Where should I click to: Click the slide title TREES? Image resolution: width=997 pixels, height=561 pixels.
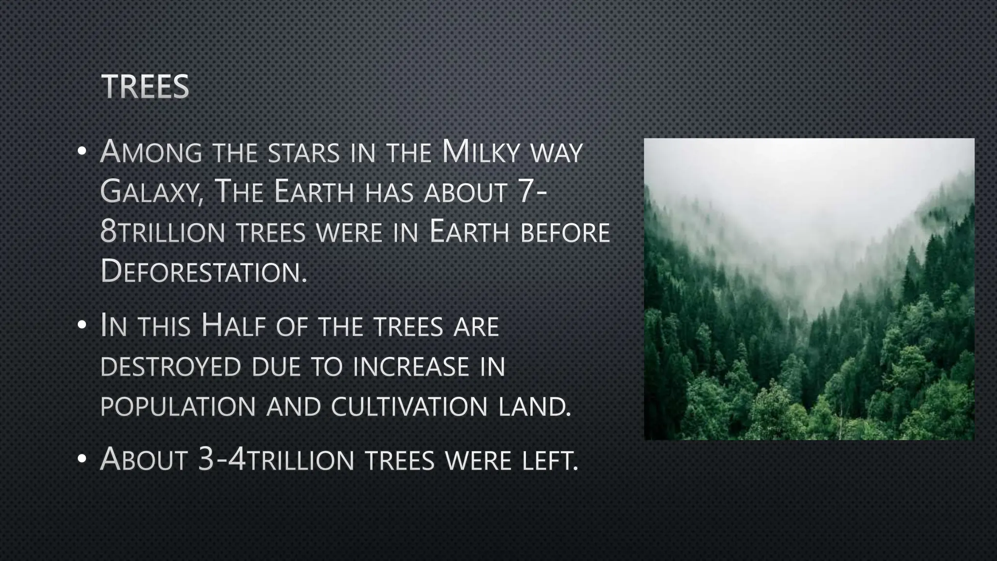pyautogui.click(x=145, y=87)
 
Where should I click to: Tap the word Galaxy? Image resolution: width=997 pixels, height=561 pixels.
pyautogui.click(x=151, y=192)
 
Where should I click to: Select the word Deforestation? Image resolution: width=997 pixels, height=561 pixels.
pyautogui.click(x=203, y=271)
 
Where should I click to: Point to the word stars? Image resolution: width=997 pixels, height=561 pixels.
pyautogui.click(x=304, y=153)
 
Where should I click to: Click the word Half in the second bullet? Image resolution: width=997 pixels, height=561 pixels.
pyautogui.click(x=233, y=326)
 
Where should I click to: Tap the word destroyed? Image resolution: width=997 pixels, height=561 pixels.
pyautogui.click(x=171, y=367)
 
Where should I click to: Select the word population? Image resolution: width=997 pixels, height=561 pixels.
pyautogui.click(x=178, y=407)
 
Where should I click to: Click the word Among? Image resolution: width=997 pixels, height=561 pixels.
pyautogui.click(x=151, y=152)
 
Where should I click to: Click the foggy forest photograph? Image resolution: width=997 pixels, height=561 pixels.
pyautogui.click(x=809, y=289)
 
